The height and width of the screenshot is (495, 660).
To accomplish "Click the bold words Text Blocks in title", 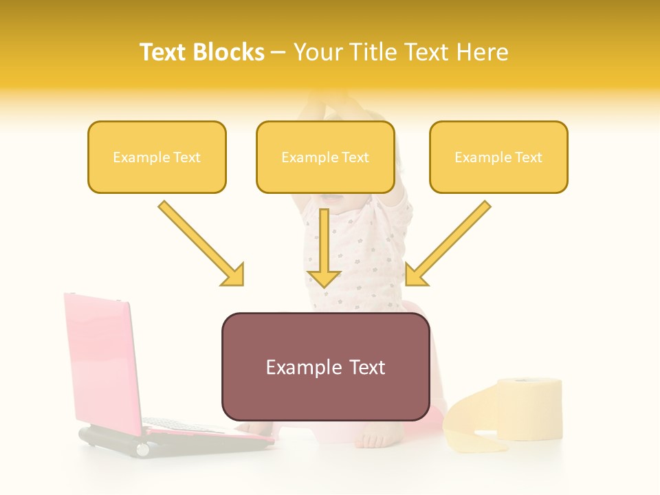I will click(201, 52).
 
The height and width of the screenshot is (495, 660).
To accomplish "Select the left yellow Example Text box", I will click(157, 157).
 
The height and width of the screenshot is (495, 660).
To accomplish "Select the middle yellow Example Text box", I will click(325, 157).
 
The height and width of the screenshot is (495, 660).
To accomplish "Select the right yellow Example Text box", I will click(498, 157).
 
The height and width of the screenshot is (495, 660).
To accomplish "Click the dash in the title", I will click(278, 52).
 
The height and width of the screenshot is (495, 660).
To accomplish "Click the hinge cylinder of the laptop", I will click(142, 450).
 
